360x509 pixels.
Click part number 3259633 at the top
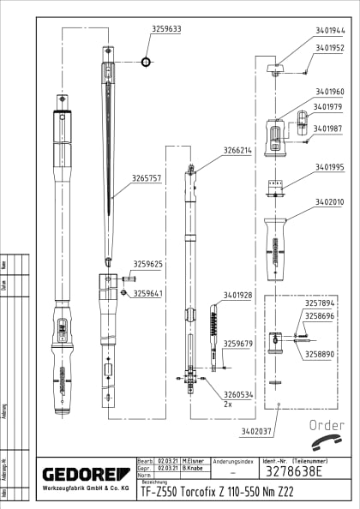tap(166, 28)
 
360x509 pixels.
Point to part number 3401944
tap(329, 28)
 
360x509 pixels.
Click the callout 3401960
tap(329, 92)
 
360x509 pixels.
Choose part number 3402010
tap(329, 202)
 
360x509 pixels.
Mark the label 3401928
tap(238, 295)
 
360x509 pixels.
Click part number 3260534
tap(238, 395)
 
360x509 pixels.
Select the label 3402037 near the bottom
tap(257, 431)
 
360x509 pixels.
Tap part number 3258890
tap(321, 353)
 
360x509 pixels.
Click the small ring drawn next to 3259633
tap(146, 61)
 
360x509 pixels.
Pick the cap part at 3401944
tap(275, 66)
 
